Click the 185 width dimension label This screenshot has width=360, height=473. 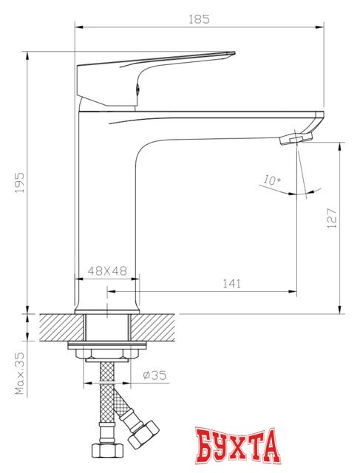click(x=200, y=18)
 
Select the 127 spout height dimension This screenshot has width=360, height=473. click(x=333, y=217)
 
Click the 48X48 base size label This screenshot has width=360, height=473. click(x=109, y=270)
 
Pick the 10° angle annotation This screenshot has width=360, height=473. click(x=271, y=180)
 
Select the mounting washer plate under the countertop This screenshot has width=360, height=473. click(x=107, y=345)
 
